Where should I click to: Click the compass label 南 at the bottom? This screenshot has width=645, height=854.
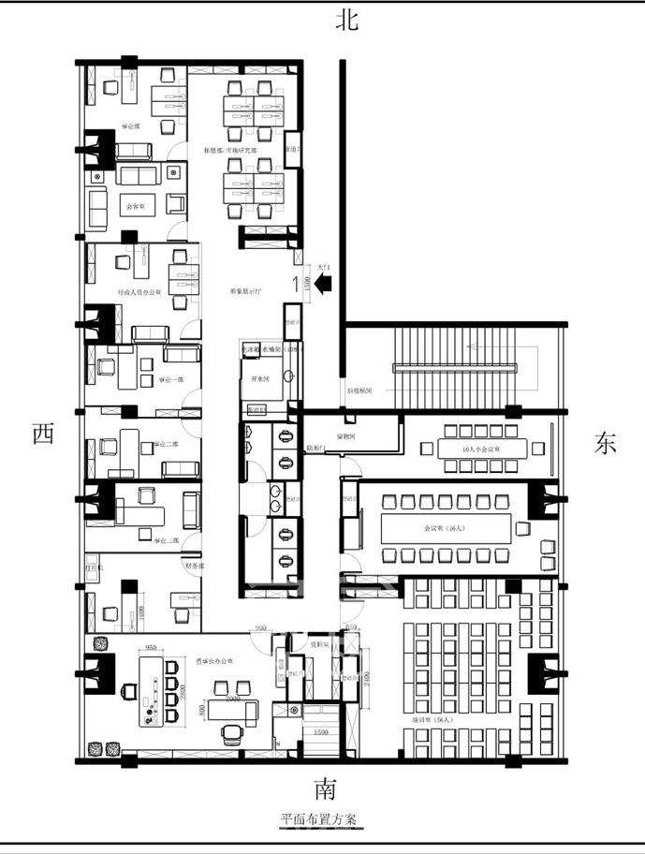pos(325,787)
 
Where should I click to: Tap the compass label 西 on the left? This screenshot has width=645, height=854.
pos(42,434)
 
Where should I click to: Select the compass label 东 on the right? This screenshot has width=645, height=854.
pos(606,444)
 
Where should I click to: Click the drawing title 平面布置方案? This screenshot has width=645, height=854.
pos(318,818)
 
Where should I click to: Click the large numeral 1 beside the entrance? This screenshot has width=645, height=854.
pos(297,282)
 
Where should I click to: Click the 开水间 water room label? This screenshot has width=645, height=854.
pos(259,378)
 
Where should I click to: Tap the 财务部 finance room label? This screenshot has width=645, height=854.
pos(194,566)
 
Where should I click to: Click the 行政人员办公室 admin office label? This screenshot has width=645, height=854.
pos(139,292)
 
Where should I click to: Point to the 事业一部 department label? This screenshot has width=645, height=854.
pos(169,379)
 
